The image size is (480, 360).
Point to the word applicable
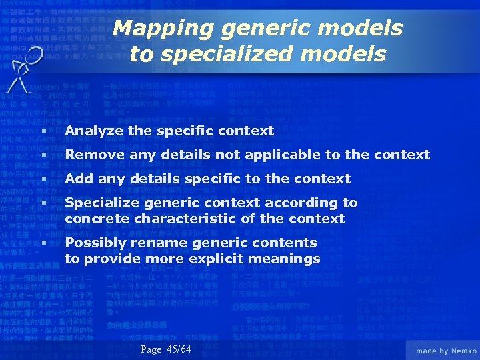(x=277, y=155)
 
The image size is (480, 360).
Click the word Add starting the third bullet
(x=79, y=179)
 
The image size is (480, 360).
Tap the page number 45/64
(x=179, y=350)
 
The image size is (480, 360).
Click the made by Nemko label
(x=446, y=351)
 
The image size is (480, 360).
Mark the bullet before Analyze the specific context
(x=43, y=131)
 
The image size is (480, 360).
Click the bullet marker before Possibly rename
(x=43, y=243)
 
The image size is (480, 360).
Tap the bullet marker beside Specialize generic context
(x=43, y=203)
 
